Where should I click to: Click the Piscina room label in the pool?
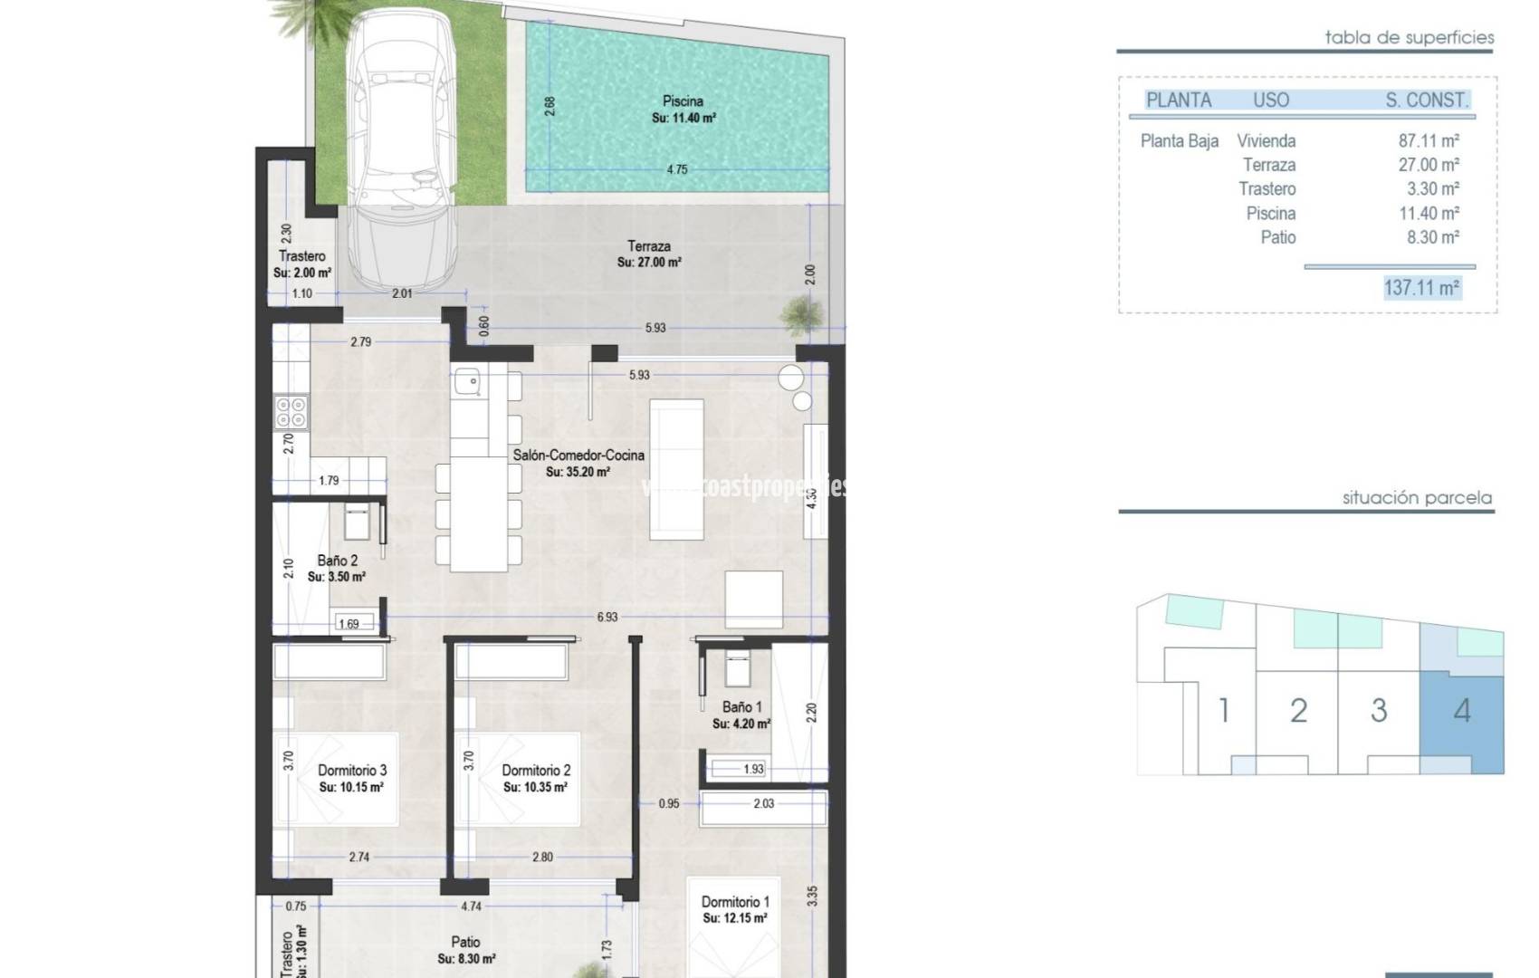tap(683, 101)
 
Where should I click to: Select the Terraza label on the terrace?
tap(649, 246)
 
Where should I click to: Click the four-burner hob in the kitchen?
tap(292, 412)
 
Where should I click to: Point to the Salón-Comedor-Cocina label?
tap(578, 455)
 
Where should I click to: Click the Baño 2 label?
tap(337, 561)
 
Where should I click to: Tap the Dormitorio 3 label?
tap(352, 771)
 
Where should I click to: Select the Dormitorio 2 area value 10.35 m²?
tap(535, 788)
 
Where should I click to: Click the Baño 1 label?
tap(741, 707)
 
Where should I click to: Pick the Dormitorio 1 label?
tap(735, 902)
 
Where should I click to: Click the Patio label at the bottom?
tap(465, 943)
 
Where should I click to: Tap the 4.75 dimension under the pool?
tap(677, 169)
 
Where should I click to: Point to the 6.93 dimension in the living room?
tap(607, 617)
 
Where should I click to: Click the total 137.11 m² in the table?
tap(1421, 288)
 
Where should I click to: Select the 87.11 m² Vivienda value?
tap(1429, 141)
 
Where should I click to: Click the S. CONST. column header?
tap(1427, 101)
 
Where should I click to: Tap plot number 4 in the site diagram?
tap(1462, 711)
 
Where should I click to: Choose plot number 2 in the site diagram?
tap(1298, 711)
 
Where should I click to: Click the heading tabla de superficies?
tap(1409, 38)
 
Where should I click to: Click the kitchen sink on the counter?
tap(468, 383)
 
